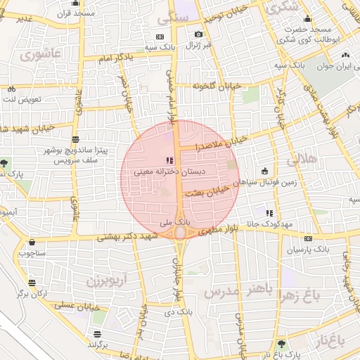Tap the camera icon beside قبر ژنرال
coord(198,34)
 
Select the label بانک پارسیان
coord(309,249)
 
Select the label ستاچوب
coord(32,251)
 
